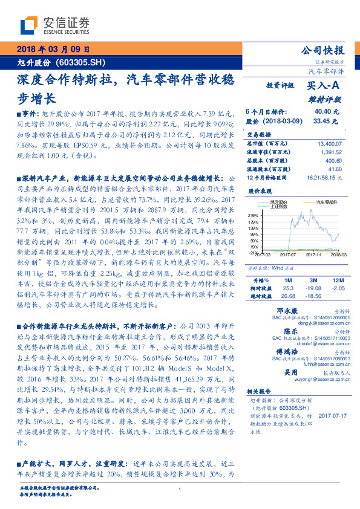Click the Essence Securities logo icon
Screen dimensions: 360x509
click(29, 25)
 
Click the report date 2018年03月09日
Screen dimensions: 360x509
click(53, 50)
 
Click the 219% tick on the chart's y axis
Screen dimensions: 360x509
click(254, 214)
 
